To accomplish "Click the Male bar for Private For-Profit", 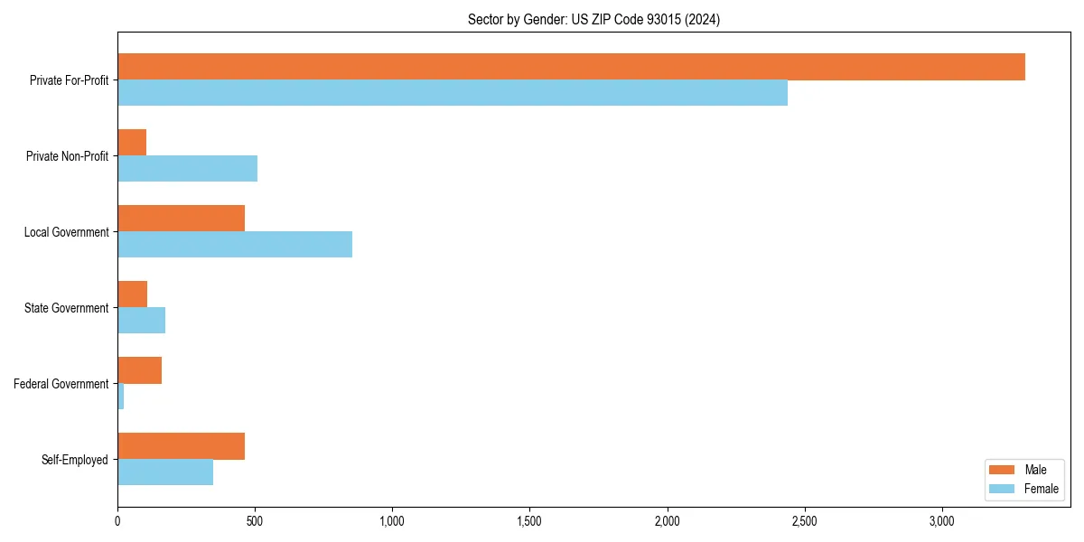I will point(571,67).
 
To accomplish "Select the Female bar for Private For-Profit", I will point(452,93).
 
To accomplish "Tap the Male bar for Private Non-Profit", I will point(132,143).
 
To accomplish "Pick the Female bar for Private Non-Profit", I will point(187,169).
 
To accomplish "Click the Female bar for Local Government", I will point(235,245).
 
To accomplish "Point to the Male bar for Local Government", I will point(181,219).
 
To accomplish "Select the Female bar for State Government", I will point(141,321).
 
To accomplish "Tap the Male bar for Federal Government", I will point(139,370).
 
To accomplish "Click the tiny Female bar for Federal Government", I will point(120,397).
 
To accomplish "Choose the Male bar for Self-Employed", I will point(181,446).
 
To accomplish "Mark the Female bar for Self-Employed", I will point(165,472).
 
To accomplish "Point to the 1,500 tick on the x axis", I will point(529,521).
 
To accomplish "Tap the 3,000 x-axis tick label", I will point(941,521).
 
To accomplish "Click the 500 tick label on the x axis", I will point(255,521).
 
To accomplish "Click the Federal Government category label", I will point(61,384).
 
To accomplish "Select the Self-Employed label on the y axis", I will point(75,460).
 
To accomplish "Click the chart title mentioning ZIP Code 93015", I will point(593,19).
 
